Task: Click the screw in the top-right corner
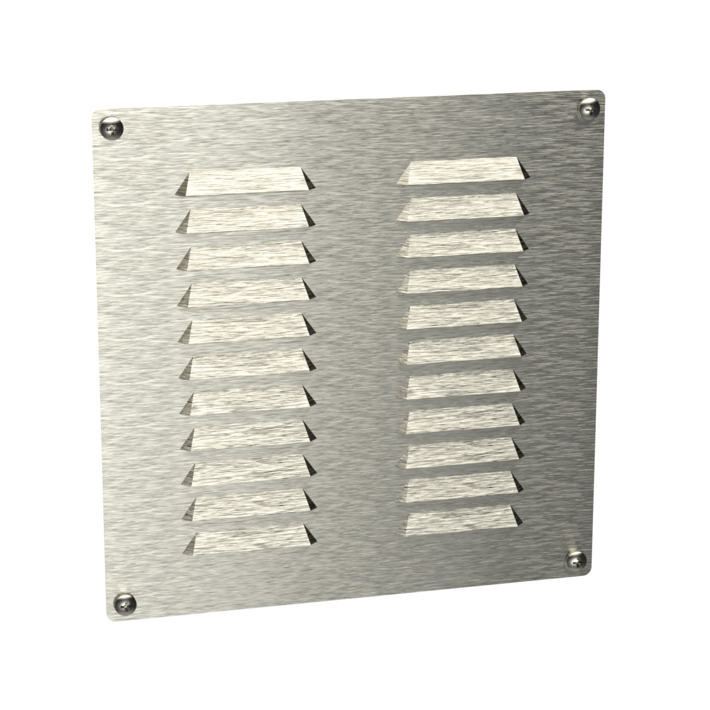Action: [587, 108]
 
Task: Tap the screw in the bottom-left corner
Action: [125, 601]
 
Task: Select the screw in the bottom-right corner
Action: [576, 560]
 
